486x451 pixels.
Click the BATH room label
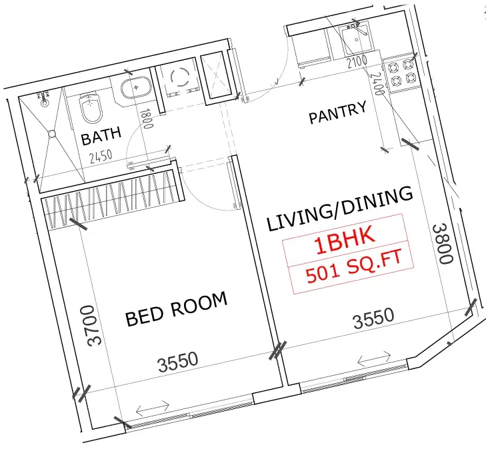(x=101, y=136)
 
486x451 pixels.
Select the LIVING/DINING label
(x=339, y=209)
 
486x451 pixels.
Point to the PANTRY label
(x=337, y=113)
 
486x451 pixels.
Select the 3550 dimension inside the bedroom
(x=178, y=360)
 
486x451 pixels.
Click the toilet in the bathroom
(x=89, y=107)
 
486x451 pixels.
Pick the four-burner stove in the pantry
(x=401, y=74)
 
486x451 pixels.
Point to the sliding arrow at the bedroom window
(x=152, y=408)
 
